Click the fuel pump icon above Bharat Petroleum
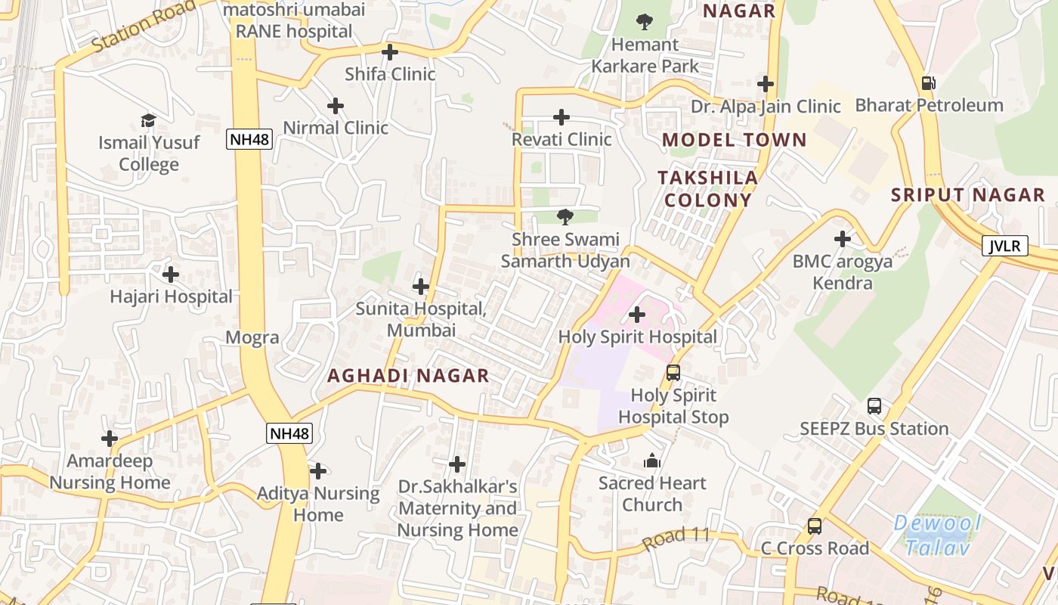tap(928, 83)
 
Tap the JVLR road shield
tap(1005, 246)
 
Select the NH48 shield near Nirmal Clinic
tap(249, 139)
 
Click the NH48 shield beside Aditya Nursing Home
tap(289, 433)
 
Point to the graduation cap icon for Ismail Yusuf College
tap(149, 120)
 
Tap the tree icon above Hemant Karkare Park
tap(645, 21)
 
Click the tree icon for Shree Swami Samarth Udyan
tap(565, 218)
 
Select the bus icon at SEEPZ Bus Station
tap(874, 406)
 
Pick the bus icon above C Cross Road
tap(815, 526)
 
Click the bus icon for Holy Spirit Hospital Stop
tap(673, 372)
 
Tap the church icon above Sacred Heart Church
tap(652, 461)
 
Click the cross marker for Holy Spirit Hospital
tap(637, 314)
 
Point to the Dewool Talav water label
tap(937, 535)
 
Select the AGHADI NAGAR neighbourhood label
tap(408, 376)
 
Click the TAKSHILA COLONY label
tap(707, 188)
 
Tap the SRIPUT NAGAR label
tap(968, 194)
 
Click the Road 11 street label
tap(676, 538)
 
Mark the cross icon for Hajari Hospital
tap(171, 274)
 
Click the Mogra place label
tap(252, 337)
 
